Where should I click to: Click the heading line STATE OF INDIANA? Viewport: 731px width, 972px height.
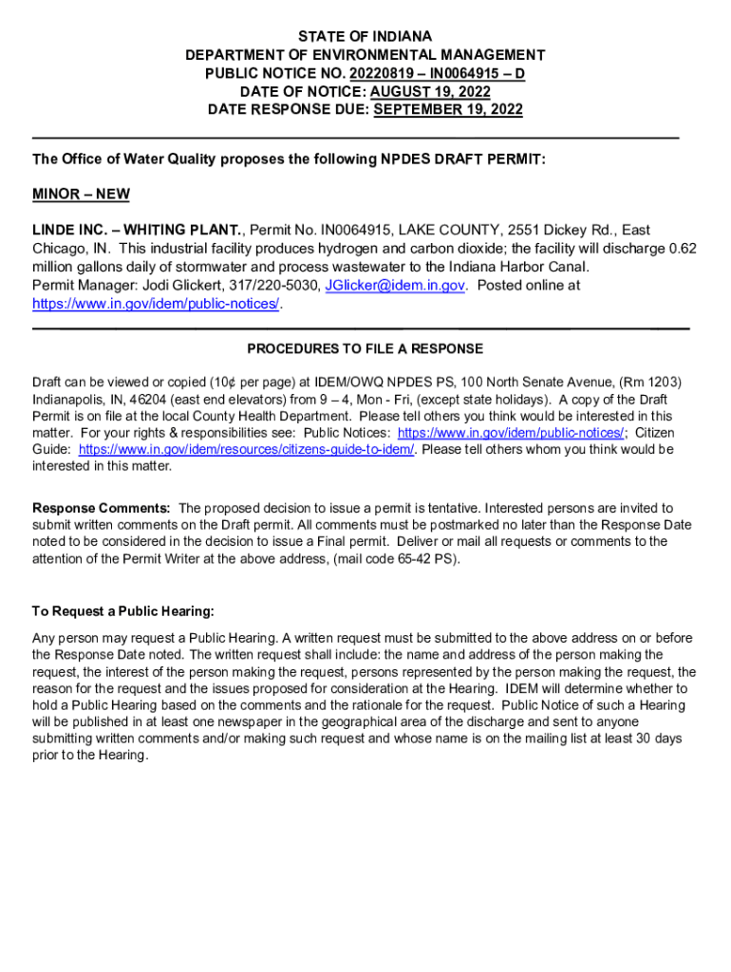365,37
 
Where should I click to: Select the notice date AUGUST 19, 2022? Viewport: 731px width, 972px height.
429,91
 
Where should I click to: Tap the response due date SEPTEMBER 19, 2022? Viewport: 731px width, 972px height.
448,109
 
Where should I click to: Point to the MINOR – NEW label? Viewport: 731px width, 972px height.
81,195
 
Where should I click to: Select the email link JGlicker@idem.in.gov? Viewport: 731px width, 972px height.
395,285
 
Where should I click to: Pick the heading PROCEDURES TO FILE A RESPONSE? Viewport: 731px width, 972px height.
365,349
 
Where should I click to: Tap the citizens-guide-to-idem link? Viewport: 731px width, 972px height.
246,449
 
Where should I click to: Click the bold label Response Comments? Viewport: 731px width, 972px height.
102,508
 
